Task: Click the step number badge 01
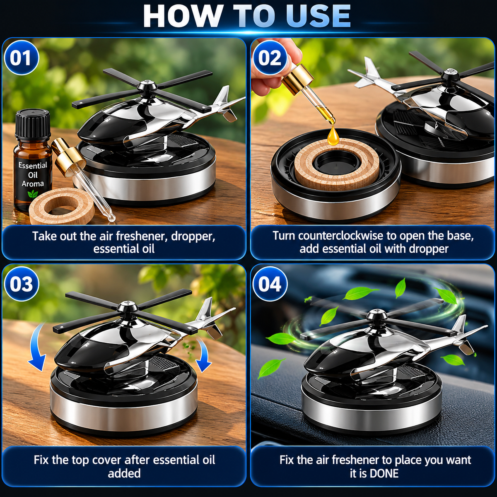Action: [x=21, y=58]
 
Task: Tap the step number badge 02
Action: [x=270, y=58]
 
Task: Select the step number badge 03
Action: [x=21, y=284]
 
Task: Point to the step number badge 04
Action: [x=270, y=284]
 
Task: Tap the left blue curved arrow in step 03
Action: [x=39, y=347]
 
